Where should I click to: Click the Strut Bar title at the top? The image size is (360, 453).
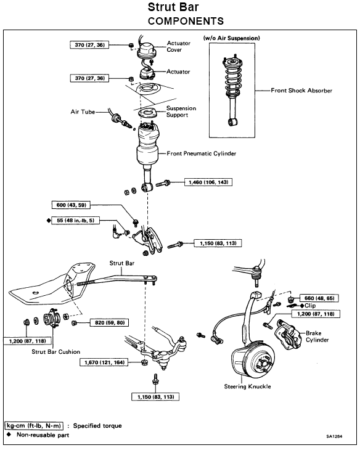173,7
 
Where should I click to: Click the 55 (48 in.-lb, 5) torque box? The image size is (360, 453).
75,221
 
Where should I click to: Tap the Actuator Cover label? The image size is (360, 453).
178,46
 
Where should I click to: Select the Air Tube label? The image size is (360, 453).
83,112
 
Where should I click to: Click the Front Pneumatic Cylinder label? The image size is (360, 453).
202,153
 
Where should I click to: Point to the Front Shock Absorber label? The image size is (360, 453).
301,91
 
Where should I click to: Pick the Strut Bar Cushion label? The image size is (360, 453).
55,351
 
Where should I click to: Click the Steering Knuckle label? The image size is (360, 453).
248,386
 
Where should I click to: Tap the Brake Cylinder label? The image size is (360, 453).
317,337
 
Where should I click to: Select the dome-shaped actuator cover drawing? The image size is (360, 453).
147,50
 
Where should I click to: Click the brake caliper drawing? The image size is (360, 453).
287,333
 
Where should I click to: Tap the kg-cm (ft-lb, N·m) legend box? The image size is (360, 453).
34,425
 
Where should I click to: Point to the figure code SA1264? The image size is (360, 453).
334,436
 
